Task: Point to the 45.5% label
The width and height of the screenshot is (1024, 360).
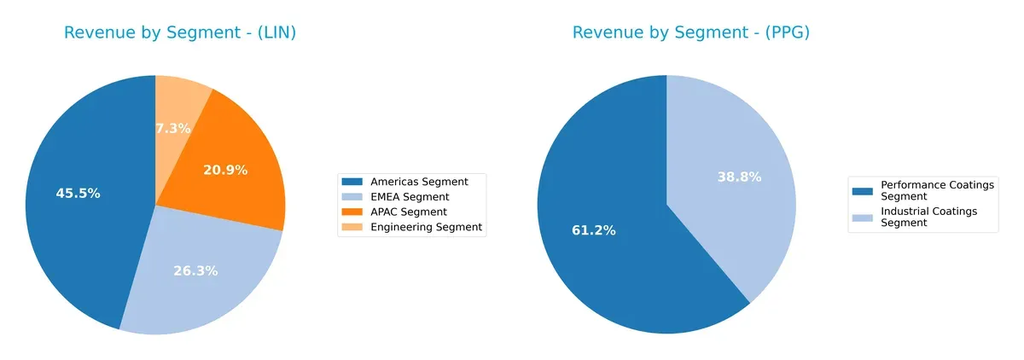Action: tap(78, 194)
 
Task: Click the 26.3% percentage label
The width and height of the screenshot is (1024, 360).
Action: tap(195, 271)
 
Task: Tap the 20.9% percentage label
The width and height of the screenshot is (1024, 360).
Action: tap(225, 171)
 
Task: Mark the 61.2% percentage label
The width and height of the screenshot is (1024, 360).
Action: tap(593, 230)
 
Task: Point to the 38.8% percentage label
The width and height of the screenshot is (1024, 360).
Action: tap(739, 177)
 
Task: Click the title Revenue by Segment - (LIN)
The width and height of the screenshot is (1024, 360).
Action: tap(185, 32)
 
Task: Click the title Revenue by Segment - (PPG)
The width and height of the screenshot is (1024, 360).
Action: tap(690, 32)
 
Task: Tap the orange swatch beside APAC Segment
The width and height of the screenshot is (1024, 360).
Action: tap(351, 212)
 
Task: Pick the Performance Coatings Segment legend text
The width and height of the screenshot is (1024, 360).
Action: tap(928, 190)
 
